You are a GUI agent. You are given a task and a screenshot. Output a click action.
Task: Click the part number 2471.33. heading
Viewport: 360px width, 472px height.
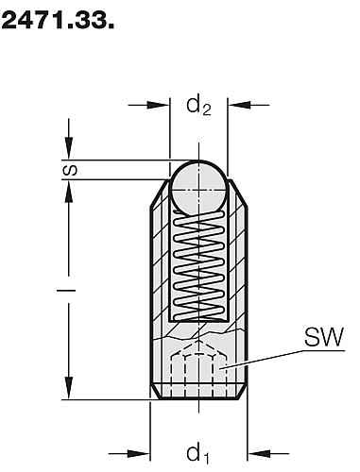[x=58, y=21]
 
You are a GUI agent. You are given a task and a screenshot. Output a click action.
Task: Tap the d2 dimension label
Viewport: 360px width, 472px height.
[x=198, y=106]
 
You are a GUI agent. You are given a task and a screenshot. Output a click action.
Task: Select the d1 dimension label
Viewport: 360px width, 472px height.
[x=197, y=454]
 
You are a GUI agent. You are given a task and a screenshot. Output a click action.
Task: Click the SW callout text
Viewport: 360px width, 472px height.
[x=324, y=337]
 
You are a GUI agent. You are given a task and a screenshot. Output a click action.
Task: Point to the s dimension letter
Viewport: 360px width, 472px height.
[x=70, y=170]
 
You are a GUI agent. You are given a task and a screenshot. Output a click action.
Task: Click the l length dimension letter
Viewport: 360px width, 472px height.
[x=66, y=290]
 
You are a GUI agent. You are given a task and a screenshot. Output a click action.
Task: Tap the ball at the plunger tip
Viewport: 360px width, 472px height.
[x=198, y=187]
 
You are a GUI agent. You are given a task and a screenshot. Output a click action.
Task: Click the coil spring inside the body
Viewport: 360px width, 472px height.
[x=199, y=265]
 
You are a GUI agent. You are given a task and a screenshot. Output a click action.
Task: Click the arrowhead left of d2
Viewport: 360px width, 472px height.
[x=159, y=105]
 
